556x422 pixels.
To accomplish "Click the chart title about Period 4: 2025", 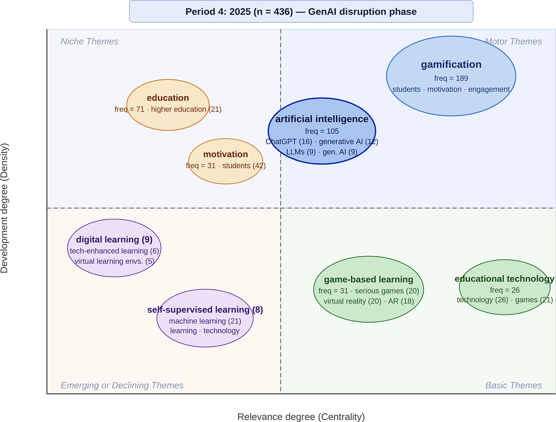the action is point(301,12).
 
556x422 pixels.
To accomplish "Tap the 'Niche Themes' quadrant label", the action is point(89,41).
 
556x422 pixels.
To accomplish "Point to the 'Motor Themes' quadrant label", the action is point(513,41).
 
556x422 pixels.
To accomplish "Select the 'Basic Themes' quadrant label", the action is point(514,385).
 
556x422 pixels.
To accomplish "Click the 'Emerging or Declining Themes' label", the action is point(122,385).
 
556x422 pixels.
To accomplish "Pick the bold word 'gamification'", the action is point(451,64).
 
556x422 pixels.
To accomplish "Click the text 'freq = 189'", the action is point(451,78).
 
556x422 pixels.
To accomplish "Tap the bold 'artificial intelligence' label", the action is point(322,119).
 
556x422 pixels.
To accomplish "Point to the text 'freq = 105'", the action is point(322,131).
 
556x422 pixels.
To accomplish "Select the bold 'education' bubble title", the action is point(168,98).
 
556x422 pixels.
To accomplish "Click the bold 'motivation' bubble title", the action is point(225,154).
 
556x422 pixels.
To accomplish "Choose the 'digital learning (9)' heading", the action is point(114,239).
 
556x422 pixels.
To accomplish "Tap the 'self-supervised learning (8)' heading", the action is point(205,310).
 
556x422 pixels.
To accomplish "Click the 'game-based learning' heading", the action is point(369,279).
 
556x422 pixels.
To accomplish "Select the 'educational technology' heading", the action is point(505,279).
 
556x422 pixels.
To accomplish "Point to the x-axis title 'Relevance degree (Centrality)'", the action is point(301,417).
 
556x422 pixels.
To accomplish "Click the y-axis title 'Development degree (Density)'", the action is point(4,208).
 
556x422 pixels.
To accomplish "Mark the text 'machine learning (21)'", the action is point(205,321).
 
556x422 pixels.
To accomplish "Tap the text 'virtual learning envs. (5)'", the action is point(114,261).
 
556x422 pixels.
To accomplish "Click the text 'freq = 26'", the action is point(505,290).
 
